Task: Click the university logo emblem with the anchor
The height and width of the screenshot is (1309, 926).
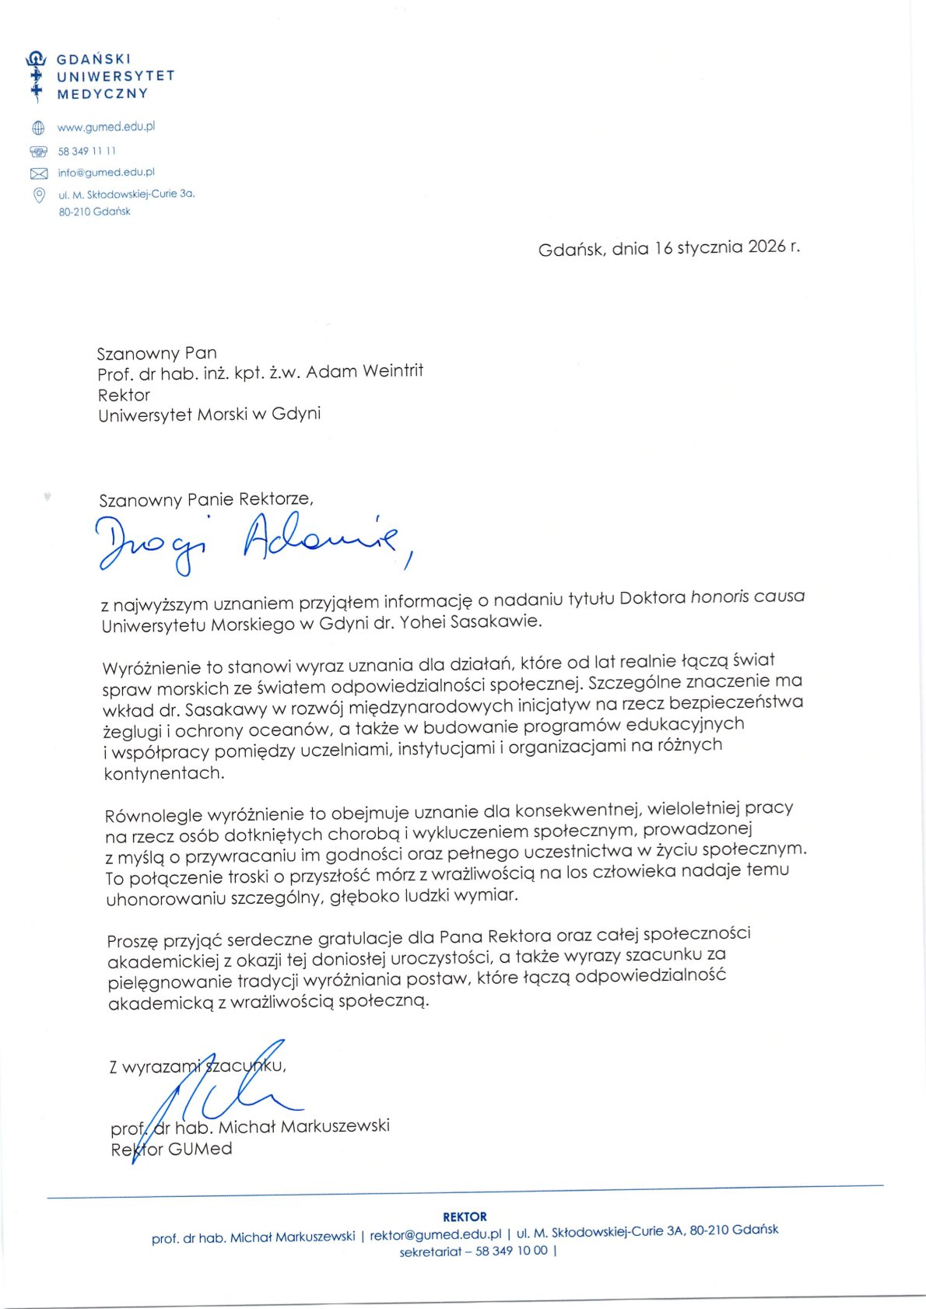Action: coord(36,76)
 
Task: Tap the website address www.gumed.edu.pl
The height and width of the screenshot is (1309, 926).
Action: coord(106,126)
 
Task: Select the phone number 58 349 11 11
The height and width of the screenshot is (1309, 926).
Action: coord(86,151)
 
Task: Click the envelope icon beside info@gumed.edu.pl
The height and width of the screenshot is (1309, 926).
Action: coord(38,173)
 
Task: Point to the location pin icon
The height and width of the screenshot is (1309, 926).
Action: coord(38,194)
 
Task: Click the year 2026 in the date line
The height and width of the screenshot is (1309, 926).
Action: coord(766,247)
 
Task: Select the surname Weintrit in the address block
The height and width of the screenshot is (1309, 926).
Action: coord(387,371)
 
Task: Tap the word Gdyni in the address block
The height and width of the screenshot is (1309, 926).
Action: coord(296,414)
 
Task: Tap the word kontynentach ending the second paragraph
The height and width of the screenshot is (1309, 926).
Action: coord(163,773)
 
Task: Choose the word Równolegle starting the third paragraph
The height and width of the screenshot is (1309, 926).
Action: coord(153,816)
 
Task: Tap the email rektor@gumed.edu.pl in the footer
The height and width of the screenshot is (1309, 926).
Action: coord(435,1235)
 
